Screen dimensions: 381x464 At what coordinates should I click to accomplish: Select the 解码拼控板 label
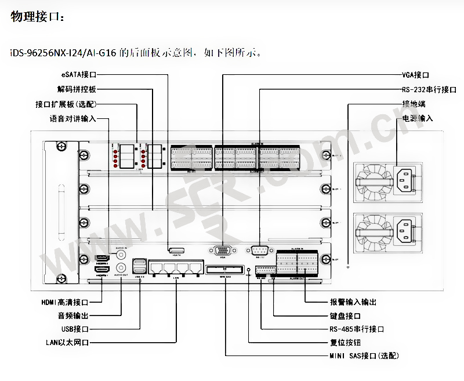[x=77, y=90]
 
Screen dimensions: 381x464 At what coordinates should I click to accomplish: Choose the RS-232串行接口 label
[x=429, y=90]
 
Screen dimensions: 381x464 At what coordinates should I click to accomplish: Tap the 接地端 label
[x=414, y=104]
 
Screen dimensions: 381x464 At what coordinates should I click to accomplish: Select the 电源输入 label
[x=418, y=118]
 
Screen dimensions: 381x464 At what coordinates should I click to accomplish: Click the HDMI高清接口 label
[x=64, y=302]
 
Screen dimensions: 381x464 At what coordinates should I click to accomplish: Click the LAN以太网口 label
[x=67, y=342]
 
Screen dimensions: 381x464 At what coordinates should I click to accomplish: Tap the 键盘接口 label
[x=345, y=316]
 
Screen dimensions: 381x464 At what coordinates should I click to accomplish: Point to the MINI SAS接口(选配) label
[x=364, y=355]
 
